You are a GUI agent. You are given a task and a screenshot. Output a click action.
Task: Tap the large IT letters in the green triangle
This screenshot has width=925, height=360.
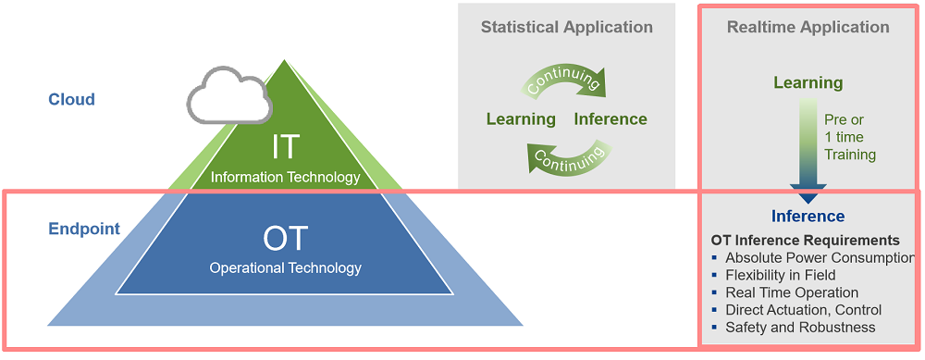pos(285,147)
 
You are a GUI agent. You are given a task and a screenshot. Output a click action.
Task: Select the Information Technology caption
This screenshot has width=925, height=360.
pos(285,177)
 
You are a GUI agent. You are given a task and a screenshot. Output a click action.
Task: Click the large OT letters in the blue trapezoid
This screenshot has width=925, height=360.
pos(285,238)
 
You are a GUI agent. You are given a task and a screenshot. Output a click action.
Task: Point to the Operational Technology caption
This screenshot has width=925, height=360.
pos(285,268)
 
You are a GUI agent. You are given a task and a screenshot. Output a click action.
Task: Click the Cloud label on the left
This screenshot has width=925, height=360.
pos(71,99)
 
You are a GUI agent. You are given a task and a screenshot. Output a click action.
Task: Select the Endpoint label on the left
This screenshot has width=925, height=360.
pos(84,229)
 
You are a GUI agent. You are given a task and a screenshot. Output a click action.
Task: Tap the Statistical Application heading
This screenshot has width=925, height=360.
pos(566,27)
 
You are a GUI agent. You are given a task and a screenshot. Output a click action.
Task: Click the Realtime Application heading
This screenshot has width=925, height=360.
pos(808,27)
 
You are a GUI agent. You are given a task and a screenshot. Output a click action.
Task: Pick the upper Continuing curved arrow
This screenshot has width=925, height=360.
pos(564,80)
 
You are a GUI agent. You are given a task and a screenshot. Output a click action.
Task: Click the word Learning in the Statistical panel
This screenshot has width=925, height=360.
pos(521,118)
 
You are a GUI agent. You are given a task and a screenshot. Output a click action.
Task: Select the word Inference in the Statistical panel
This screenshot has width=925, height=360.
pos(610,118)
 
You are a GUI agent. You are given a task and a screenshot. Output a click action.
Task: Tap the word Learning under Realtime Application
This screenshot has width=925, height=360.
pos(808,82)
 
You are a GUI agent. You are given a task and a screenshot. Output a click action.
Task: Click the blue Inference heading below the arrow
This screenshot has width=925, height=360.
pos(808,216)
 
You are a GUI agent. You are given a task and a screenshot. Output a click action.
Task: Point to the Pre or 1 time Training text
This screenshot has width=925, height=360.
pos(849,137)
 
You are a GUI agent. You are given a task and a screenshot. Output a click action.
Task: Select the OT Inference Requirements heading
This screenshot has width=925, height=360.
pos(805,241)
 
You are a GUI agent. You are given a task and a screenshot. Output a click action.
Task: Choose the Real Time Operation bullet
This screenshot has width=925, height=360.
pos(791,292)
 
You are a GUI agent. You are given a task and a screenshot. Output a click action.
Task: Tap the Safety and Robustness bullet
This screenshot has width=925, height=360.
pos(799,327)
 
